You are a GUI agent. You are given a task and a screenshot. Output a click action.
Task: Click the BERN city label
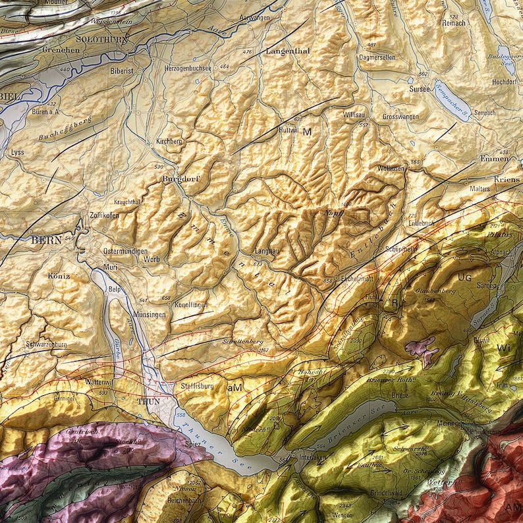46,240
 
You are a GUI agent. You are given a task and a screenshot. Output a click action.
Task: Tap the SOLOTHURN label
101,40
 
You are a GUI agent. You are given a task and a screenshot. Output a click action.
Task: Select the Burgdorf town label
180,179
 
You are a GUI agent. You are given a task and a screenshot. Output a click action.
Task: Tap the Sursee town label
419,88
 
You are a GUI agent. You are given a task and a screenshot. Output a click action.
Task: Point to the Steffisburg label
197,386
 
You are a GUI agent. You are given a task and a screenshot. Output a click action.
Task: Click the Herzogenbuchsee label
188,68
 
